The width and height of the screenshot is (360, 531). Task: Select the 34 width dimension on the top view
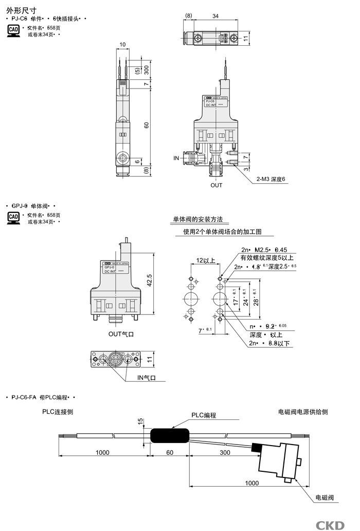[215, 16]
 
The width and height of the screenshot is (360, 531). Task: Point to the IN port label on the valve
[176, 158]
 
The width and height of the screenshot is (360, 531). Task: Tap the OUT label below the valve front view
[217, 185]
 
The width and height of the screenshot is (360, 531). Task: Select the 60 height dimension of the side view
[146, 125]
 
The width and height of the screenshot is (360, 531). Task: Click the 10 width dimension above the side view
[122, 45]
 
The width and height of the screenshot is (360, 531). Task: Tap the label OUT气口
[121, 334]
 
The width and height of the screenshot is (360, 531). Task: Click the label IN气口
[146, 378]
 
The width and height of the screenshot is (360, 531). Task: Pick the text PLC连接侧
[58, 412]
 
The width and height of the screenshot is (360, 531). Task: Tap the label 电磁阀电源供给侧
[303, 412]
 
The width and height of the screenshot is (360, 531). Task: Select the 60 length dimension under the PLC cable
[169, 452]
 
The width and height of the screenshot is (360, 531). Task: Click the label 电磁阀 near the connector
[324, 498]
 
